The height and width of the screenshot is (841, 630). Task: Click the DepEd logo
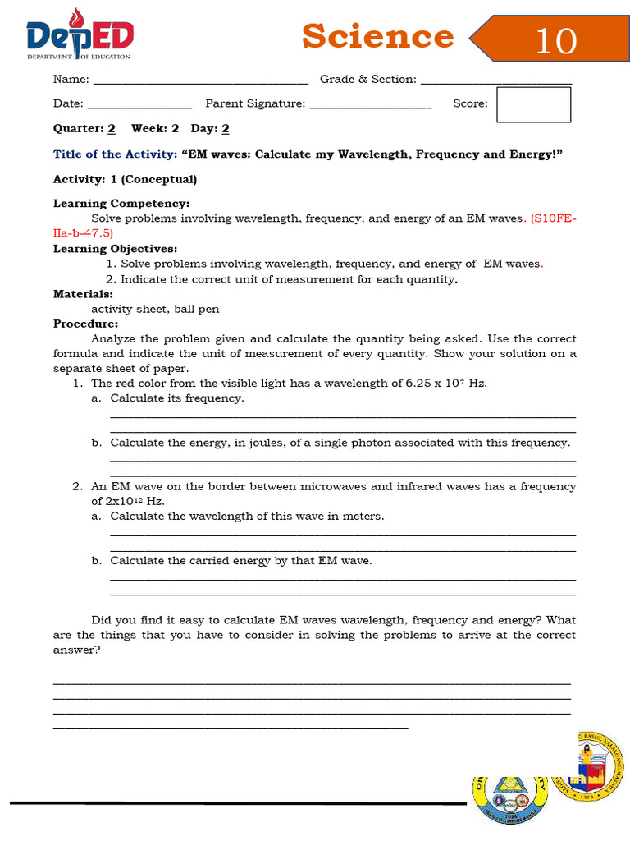tap(80, 36)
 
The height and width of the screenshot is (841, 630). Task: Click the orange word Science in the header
tap(377, 36)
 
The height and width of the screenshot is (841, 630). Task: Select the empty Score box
tap(533, 104)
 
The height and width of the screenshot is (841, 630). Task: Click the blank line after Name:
tap(201, 80)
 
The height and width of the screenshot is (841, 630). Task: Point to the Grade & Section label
tap(367, 79)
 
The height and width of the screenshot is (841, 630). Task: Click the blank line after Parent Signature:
tap(371, 104)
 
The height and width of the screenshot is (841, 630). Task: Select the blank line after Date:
tap(139, 104)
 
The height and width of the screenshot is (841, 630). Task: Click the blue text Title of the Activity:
tap(115, 154)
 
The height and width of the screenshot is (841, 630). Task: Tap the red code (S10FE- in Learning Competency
tap(554, 218)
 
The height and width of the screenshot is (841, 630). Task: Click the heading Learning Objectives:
tap(115, 249)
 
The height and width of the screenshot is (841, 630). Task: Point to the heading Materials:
tap(83, 293)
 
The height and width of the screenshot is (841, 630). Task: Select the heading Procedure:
tap(85, 324)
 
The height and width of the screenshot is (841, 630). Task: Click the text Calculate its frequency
tap(176, 398)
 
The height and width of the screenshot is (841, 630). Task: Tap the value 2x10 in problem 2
tap(110, 501)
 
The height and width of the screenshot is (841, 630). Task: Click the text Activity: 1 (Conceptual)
tap(125, 179)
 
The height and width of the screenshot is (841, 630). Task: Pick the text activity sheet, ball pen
tap(154, 309)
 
